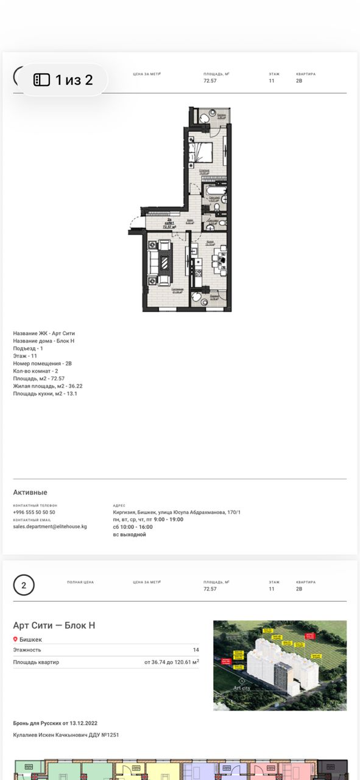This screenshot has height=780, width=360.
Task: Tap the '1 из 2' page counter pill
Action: [60, 80]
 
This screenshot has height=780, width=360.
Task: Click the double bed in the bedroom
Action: [200, 152]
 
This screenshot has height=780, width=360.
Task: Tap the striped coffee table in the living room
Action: [164, 262]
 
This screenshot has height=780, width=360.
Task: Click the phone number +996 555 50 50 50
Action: [34, 512]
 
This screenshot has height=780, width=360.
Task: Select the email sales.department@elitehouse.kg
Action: [50, 526]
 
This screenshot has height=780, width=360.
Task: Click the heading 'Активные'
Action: [30, 492]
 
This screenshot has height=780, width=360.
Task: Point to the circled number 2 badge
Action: [24, 586]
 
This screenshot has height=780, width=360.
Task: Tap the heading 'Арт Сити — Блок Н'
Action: [54, 625]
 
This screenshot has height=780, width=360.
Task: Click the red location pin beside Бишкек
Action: [16, 640]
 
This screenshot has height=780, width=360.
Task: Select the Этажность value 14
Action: [196, 650]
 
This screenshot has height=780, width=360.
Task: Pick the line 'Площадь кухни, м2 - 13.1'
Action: [45, 394]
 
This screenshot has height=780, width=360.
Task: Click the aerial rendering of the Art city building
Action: [280, 665]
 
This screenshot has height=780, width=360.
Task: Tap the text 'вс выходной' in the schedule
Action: [129, 534]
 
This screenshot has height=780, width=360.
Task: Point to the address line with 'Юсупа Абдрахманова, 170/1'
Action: [177, 512]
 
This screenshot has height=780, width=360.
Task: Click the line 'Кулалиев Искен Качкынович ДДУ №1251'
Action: [66, 735]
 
